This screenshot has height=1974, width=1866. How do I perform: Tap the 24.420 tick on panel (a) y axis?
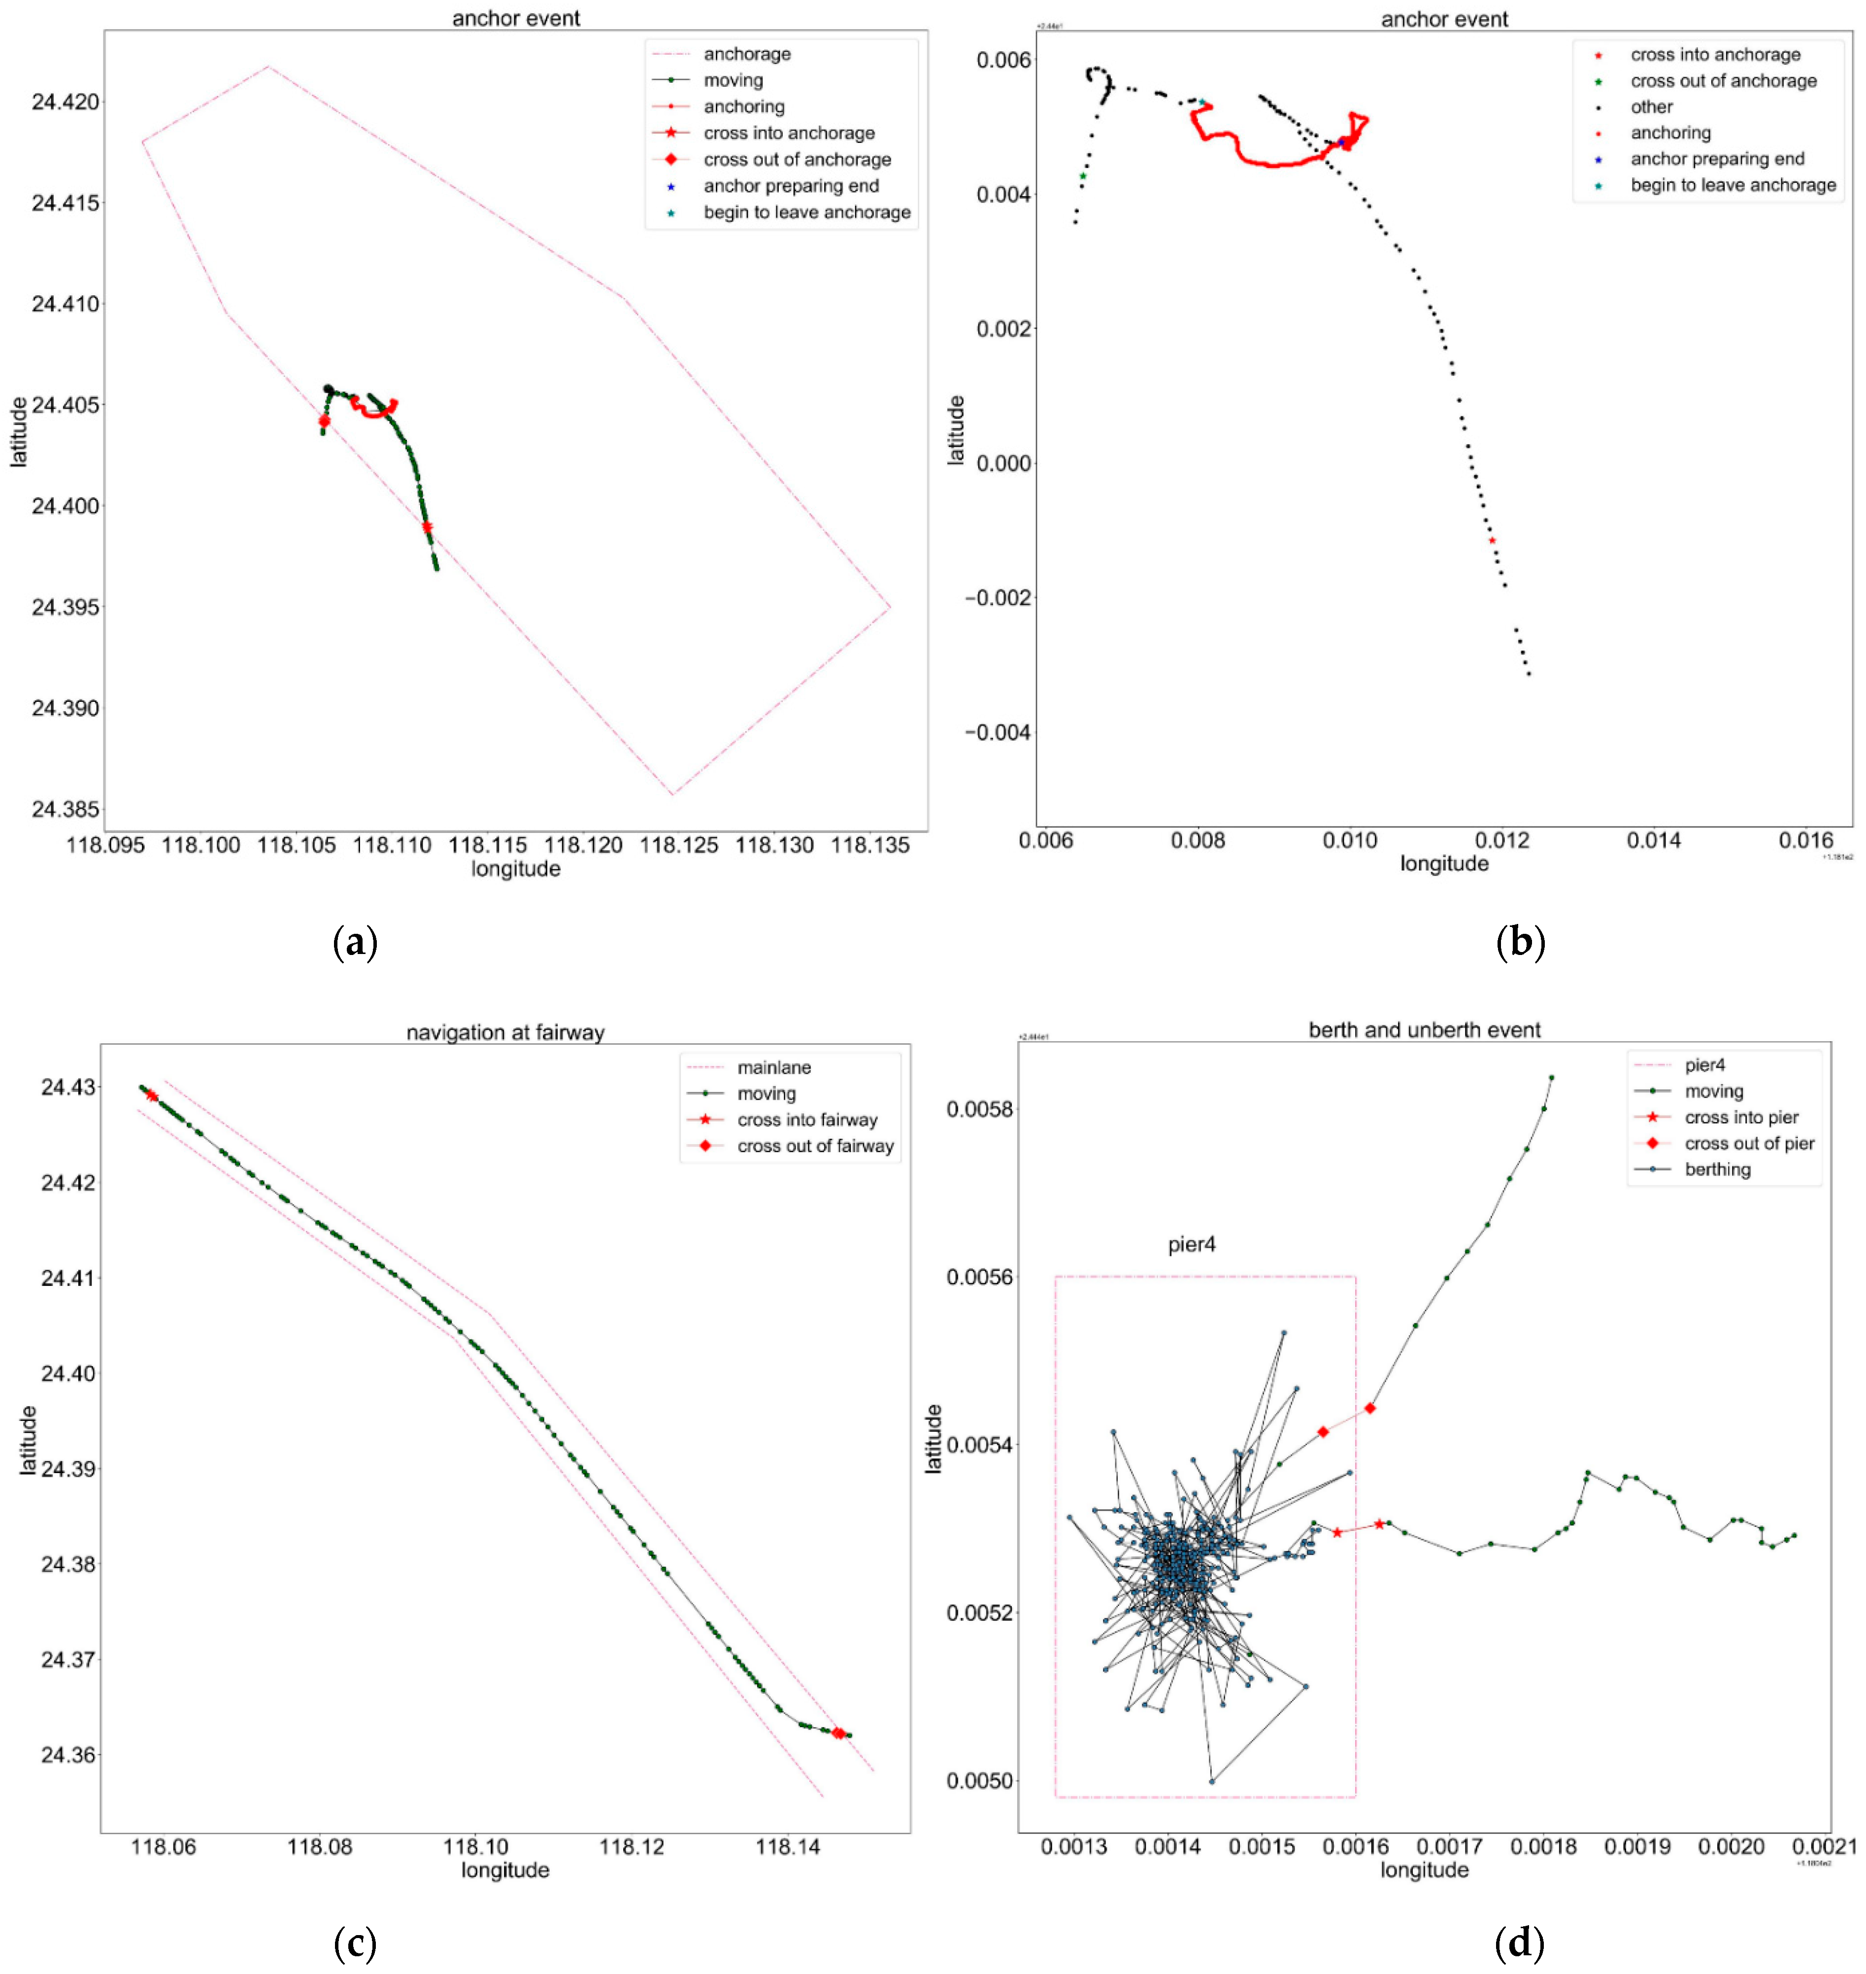[x=66, y=102]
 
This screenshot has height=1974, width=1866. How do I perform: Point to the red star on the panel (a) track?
[x=427, y=527]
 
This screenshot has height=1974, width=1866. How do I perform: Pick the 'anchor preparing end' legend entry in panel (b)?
[x=1717, y=159]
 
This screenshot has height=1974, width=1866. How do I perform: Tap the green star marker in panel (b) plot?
[x=1083, y=176]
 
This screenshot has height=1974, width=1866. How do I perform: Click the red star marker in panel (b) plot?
[x=1492, y=540]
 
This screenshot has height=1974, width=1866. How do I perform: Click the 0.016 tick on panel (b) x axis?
[x=1805, y=840]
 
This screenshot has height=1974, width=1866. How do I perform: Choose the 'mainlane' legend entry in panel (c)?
[x=774, y=1067]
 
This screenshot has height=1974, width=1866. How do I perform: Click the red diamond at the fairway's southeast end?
[x=838, y=1733]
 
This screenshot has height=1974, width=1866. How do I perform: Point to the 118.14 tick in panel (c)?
[x=788, y=1848]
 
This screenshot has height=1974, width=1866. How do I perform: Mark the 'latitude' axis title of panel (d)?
[x=933, y=1439]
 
